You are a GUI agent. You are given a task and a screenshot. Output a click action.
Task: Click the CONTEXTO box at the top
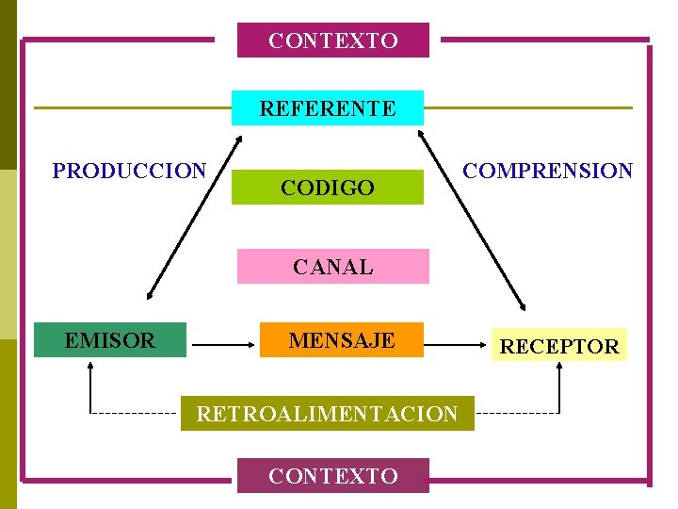pyautogui.click(x=332, y=41)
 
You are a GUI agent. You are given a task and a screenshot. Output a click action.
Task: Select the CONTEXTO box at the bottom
pyautogui.click(x=332, y=475)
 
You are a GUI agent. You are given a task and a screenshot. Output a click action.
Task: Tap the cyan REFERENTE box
pyautogui.click(x=328, y=108)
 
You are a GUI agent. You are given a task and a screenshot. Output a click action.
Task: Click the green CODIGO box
pyautogui.click(x=328, y=188)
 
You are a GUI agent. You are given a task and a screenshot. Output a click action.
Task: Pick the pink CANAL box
pyautogui.click(x=332, y=267)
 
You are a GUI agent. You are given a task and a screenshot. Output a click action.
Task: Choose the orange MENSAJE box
pyautogui.click(x=342, y=340)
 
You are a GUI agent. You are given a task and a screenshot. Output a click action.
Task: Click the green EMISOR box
pyautogui.click(x=110, y=340)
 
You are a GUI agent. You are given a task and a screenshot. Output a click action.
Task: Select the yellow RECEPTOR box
pyautogui.click(x=559, y=346)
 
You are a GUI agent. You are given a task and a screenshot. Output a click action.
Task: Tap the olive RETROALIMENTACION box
pyautogui.click(x=327, y=413)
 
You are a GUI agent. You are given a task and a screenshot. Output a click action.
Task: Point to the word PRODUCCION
pyautogui.click(x=129, y=171)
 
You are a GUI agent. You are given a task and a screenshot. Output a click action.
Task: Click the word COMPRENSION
pyautogui.click(x=549, y=171)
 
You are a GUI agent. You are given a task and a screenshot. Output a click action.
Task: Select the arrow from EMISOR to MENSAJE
pyautogui.click(x=224, y=346)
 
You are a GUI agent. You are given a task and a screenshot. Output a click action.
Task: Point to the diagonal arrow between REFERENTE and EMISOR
pyautogui.click(x=195, y=218)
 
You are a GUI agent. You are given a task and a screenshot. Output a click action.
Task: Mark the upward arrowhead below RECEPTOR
pyautogui.click(x=559, y=369)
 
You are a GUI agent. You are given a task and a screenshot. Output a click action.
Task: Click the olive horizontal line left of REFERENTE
pyautogui.click(x=132, y=107)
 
